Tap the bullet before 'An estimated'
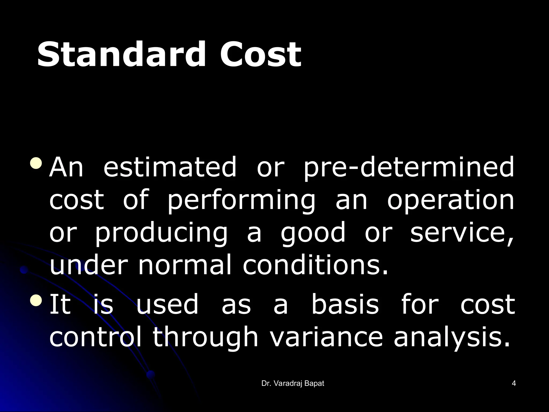coord(36,163)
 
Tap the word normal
coord(184,266)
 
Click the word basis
coord(345,304)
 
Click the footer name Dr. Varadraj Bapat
coord(293,384)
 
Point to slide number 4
coord(514,384)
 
